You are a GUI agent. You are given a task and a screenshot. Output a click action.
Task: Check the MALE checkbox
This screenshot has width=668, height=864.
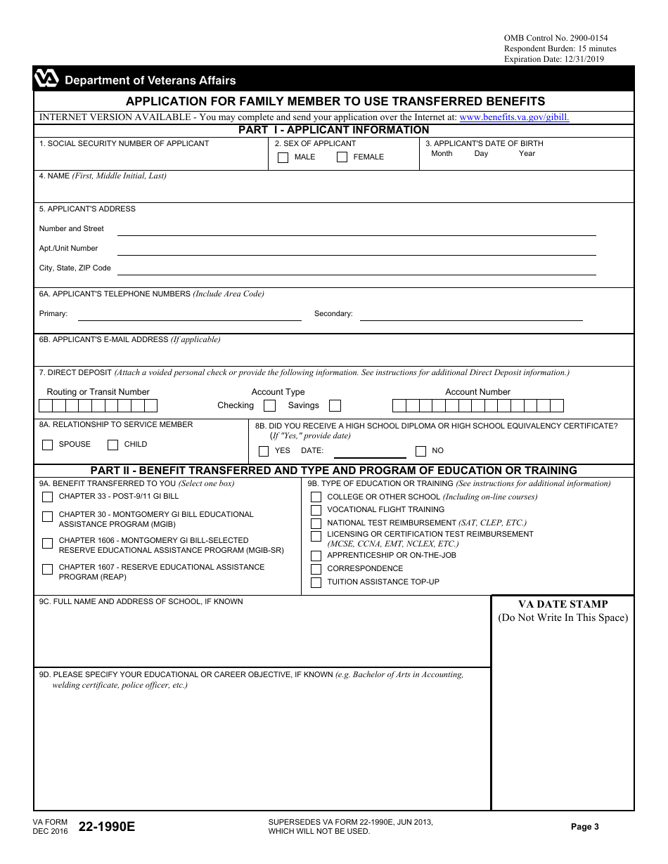[283, 157]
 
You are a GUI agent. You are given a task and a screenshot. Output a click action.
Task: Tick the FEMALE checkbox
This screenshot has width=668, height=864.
[342, 157]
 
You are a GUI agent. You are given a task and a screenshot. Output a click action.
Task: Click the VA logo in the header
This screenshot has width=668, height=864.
[46, 79]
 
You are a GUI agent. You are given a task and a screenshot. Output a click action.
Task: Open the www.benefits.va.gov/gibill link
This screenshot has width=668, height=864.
[514, 117]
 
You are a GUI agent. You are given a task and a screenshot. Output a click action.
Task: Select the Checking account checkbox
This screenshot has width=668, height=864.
[269, 405]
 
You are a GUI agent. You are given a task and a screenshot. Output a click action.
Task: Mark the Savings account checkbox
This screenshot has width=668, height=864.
[335, 405]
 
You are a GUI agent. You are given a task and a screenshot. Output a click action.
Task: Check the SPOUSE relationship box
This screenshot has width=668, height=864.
[48, 445]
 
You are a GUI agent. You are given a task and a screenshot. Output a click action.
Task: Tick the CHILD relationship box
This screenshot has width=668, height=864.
[113, 445]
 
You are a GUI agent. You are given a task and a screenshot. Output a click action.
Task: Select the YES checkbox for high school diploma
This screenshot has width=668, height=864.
[264, 451]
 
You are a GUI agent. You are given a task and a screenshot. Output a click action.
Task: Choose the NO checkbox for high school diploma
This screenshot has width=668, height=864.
[420, 451]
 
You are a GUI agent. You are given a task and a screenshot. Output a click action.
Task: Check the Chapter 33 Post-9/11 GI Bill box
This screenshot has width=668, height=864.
[48, 497]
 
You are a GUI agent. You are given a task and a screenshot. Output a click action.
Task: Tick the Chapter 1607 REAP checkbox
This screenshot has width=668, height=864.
[48, 569]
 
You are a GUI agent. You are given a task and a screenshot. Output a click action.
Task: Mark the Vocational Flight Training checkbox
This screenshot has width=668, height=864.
[316, 510]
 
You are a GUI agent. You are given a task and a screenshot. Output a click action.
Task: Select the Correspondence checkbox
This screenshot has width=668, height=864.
[316, 569]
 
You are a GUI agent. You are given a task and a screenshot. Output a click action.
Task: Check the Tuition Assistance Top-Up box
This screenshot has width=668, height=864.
[316, 582]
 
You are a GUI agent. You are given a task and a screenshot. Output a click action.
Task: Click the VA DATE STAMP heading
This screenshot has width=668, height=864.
[563, 604]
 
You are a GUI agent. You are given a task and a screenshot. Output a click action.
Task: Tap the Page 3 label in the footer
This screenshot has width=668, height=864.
[585, 827]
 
